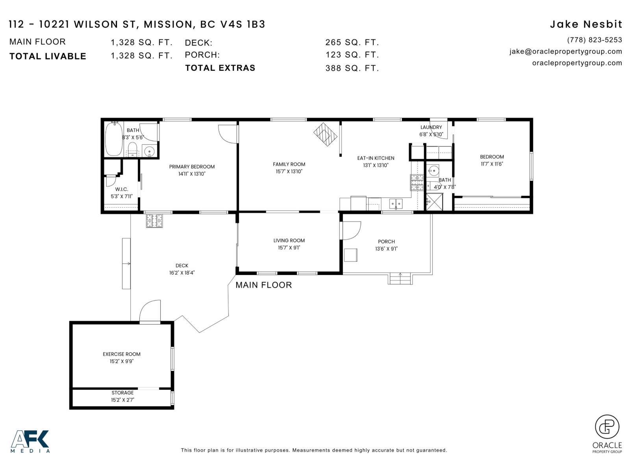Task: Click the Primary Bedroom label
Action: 192,167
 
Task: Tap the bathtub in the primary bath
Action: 114,139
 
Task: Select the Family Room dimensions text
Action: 289,171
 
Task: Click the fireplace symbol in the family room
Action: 325,135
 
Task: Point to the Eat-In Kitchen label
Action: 375,158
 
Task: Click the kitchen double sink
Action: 396,204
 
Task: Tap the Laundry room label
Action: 431,127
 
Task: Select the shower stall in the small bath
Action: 434,202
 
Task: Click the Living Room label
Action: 289,241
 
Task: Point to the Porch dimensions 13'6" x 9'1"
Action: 386,249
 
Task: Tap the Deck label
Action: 182,265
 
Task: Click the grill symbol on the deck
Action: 154,221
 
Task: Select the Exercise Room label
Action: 122,354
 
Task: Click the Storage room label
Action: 122,393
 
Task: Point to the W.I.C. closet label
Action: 121,190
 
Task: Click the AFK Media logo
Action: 30,441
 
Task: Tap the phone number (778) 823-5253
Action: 595,40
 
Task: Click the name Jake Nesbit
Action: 586,24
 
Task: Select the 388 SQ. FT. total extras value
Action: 352,68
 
